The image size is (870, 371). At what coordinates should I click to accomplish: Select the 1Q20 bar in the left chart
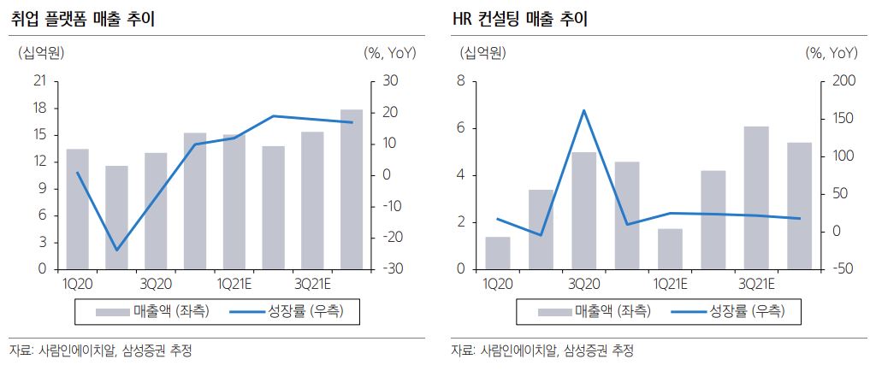[77, 209]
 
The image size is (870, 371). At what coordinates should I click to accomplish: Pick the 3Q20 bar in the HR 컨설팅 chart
[584, 210]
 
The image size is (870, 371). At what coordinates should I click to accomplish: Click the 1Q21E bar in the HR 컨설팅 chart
[670, 249]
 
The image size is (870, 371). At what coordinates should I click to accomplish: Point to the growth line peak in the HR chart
[584, 110]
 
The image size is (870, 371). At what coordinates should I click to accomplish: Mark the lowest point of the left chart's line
[116, 250]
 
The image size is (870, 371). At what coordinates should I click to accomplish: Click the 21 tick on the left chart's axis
[38, 82]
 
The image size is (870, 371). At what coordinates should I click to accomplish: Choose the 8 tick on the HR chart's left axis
[461, 82]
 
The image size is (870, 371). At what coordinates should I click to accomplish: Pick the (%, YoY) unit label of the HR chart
[831, 53]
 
